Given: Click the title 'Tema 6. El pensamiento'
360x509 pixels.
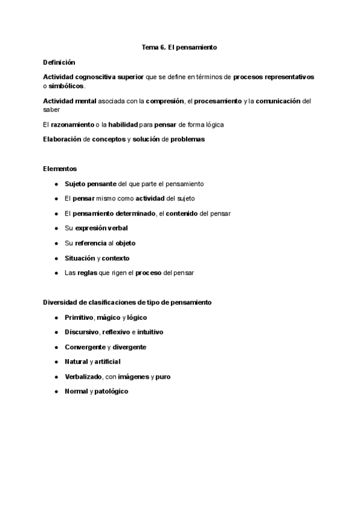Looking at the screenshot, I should [179, 46].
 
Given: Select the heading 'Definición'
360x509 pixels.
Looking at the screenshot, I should [59, 62].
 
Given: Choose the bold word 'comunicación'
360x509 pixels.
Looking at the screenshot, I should [278, 101].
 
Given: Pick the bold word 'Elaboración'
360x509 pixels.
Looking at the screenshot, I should [64, 139].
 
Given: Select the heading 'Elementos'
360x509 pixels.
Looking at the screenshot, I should [60, 169].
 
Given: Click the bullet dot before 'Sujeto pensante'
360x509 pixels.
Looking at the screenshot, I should [56, 184].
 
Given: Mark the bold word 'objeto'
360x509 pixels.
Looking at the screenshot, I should [125, 243].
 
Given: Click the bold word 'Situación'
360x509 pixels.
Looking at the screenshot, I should [80, 258].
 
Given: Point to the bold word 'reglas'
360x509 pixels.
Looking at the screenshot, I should [88, 273].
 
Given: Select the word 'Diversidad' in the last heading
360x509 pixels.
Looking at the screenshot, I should [62, 303].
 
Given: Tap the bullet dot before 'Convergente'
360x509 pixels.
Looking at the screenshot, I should [56, 347].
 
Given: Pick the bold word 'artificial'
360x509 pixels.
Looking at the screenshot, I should [107, 362].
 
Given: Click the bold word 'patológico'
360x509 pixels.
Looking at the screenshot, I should [111, 391].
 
